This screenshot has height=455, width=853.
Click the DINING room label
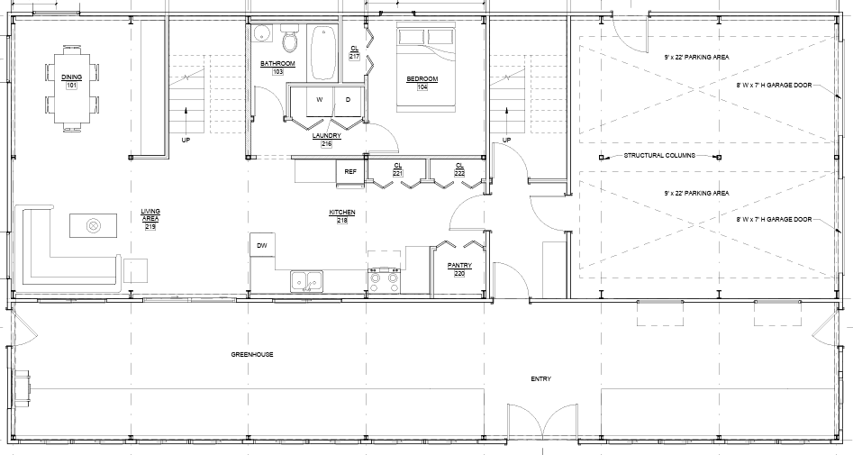click(71, 78)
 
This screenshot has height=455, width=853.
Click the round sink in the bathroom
click(261, 35)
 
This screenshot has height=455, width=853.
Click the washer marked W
click(320, 99)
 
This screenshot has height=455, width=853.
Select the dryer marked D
click(348, 99)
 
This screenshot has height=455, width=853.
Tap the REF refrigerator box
click(350, 171)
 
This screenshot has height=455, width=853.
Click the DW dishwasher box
click(262, 245)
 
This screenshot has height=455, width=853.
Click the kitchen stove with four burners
click(386, 281)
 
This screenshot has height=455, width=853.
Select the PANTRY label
click(460, 265)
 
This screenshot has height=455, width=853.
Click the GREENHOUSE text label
click(251, 354)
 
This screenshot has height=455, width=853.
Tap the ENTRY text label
click(540, 378)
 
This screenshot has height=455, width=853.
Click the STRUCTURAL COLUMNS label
click(659, 157)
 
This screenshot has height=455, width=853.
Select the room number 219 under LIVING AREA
click(150, 226)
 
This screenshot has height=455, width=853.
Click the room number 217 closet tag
click(355, 57)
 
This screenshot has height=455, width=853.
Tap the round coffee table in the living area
click(93, 225)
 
